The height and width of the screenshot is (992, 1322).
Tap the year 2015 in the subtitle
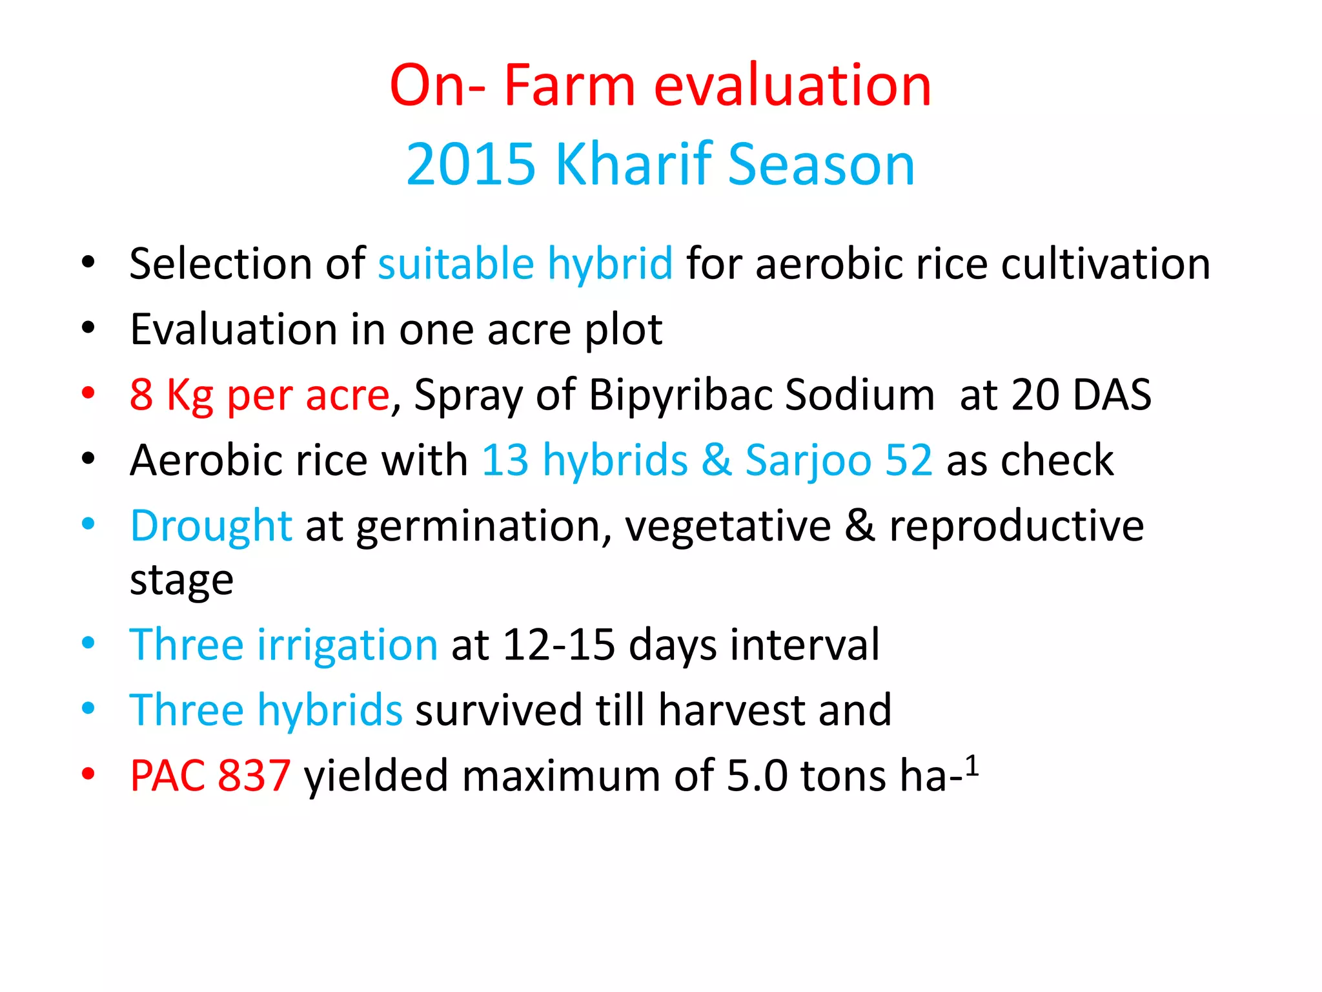(x=471, y=165)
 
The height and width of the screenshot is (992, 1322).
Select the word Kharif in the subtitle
(x=634, y=165)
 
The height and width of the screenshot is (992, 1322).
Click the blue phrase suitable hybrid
(x=525, y=265)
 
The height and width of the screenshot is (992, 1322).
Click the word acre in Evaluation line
(x=529, y=330)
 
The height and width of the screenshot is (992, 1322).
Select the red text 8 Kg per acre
(x=259, y=395)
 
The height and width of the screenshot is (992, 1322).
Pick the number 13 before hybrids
(x=505, y=461)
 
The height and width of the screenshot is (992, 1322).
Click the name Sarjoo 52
(x=839, y=461)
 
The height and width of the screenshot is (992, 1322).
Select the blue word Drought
(x=211, y=526)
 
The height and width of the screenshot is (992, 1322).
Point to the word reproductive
(x=1016, y=526)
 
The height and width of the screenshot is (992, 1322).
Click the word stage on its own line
(x=181, y=581)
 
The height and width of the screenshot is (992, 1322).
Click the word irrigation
(x=347, y=645)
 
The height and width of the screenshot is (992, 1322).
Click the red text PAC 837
(x=210, y=776)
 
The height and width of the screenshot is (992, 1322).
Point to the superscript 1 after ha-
(x=972, y=766)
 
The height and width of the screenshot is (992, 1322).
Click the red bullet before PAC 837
(x=88, y=774)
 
